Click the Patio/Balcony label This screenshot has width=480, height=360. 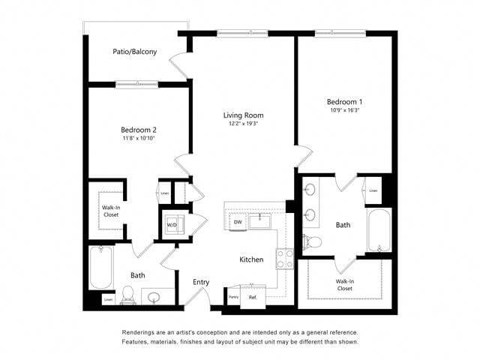135,52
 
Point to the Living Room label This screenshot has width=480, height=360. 243,115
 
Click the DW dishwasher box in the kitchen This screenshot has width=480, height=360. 237,222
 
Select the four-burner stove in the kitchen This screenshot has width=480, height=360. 285,259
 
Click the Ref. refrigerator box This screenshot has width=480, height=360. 253,298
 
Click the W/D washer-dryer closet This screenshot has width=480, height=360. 172,224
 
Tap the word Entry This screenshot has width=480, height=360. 201,282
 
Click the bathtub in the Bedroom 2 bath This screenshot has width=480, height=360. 100,268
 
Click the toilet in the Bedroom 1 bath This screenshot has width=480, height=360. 312,241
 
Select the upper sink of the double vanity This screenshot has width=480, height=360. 310,190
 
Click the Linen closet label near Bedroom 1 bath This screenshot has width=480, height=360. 373,190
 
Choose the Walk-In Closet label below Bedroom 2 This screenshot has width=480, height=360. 111,211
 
